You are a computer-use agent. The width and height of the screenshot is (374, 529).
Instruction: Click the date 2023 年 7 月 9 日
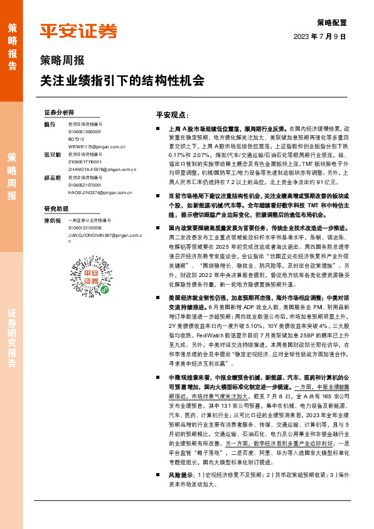pos(319,36)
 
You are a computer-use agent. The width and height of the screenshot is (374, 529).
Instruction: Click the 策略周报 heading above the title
pos(62,62)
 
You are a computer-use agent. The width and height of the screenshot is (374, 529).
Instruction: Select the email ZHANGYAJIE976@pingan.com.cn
pos(99,169)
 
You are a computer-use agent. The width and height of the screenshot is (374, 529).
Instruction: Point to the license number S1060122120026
pos(84,227)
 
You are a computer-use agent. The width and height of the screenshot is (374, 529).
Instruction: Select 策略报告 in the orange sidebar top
pos(12,48)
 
